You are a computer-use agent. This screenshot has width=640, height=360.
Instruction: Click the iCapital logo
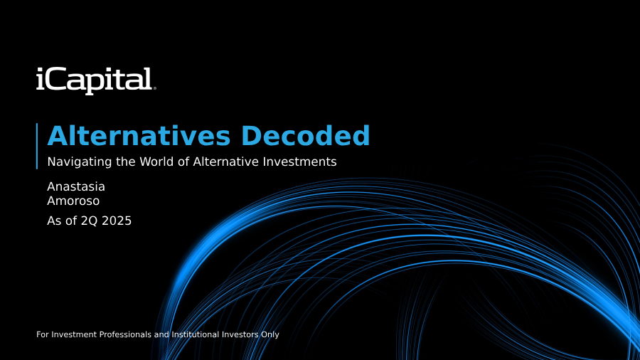(x=96, y=80)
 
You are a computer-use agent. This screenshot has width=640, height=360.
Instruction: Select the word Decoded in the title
(x=305, y=135)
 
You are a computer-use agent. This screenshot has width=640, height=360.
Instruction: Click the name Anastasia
(x=76, y=186)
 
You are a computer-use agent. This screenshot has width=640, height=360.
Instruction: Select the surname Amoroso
(x=73, y=201)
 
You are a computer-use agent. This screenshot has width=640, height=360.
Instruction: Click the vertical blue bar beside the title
(x=37, y=146)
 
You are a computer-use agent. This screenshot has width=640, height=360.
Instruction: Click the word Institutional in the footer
(x=195, y=334)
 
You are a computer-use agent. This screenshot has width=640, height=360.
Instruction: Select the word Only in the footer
(x=270, y=334)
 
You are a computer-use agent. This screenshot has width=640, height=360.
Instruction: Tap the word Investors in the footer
(x=240, y=334)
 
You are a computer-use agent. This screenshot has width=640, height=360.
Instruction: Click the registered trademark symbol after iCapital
(x=154, y=88)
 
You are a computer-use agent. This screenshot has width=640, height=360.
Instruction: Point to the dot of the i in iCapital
(x=40, y=70)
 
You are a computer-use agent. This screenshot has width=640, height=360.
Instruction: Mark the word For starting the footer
(x=43, y=334)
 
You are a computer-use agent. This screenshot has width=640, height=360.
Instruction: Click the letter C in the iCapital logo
(x=54, y=79)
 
